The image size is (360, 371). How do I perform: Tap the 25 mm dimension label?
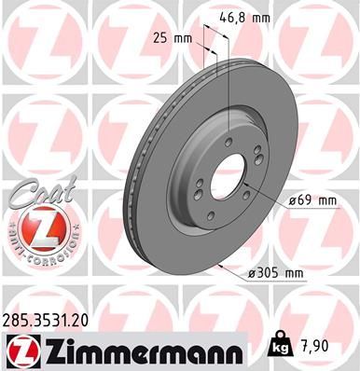(x=168, y=38)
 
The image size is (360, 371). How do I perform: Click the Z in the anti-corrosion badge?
(x=35, y=228)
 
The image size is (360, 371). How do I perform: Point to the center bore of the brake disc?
(x=222, y=169)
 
